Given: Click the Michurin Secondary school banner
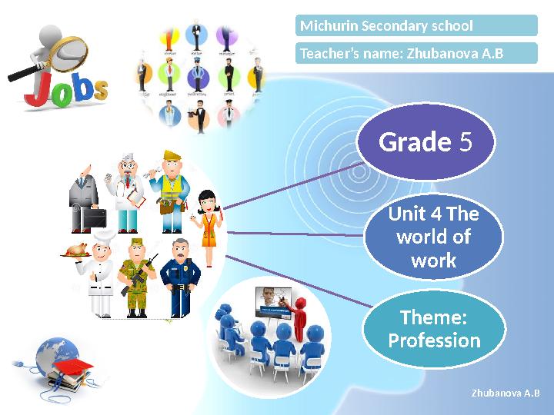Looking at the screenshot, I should click(416, 26).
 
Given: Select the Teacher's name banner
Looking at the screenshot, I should click(416, 53).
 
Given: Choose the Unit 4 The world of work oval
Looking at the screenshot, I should click(433, 237).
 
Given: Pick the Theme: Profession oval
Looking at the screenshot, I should click(434, 330).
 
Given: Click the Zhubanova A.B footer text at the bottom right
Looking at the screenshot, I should click(505, 393).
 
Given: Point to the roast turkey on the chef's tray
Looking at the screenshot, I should click(77, 248).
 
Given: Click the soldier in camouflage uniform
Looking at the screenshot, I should click(136, 277).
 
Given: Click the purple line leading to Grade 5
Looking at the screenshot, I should click(292, 184).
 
